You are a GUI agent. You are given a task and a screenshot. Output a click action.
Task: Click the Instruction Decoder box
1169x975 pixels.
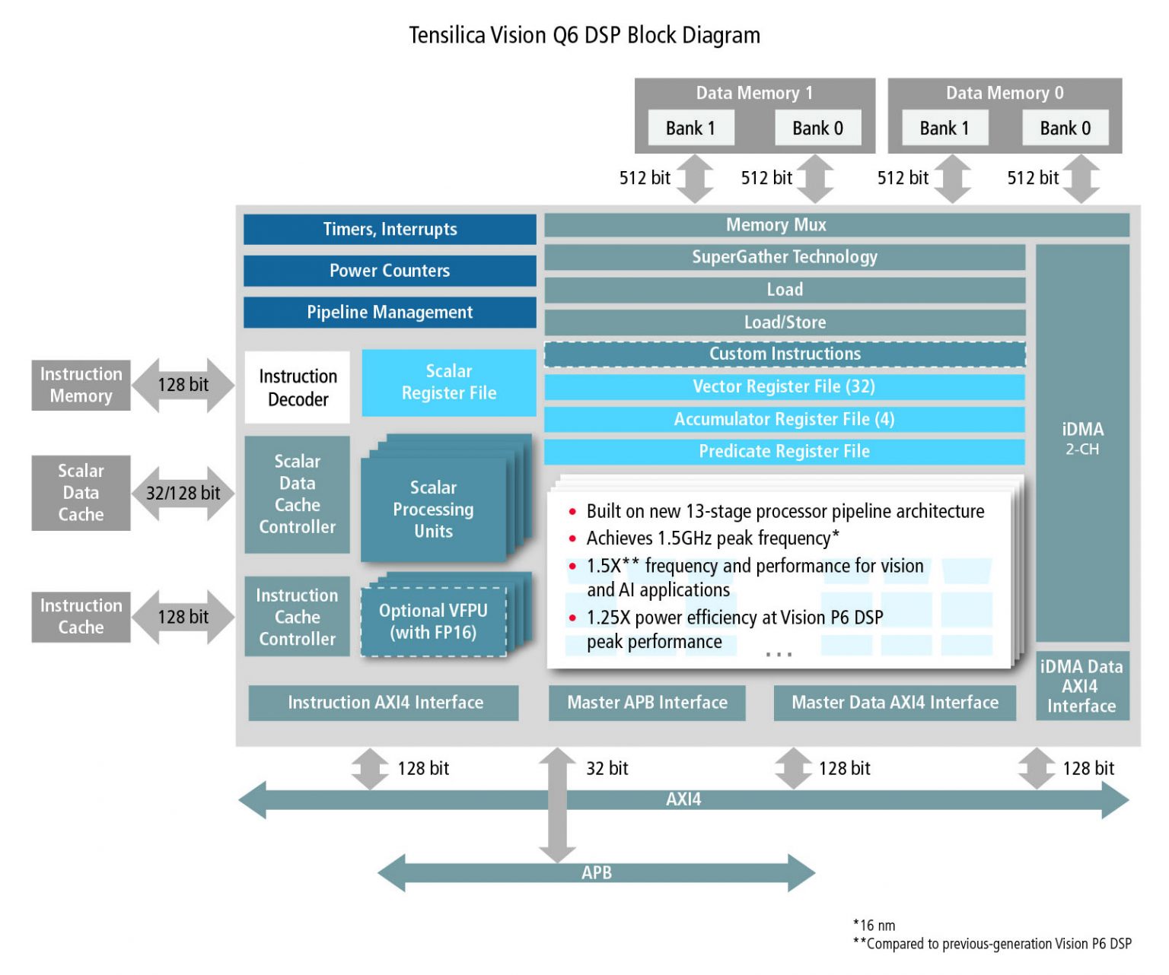coord(297,387)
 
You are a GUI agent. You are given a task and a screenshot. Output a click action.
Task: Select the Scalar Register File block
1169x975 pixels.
coord(448,383)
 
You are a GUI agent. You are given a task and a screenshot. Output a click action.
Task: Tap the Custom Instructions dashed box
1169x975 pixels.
coord(785,354)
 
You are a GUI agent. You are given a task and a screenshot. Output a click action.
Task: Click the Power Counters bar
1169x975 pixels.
coord(389,271)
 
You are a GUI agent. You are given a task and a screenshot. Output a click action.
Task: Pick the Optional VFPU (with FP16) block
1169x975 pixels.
coord(433,621)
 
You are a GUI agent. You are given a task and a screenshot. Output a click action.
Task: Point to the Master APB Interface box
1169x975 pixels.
coord(647,702)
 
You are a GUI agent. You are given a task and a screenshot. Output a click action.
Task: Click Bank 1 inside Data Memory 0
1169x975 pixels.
coord(944,128)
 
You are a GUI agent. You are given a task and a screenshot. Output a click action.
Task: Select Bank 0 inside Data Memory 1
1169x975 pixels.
coord(817,128)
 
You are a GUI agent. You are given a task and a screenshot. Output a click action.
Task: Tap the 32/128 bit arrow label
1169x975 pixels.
coord(183,493)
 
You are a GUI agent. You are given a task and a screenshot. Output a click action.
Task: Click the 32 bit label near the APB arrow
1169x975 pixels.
coord(607,768)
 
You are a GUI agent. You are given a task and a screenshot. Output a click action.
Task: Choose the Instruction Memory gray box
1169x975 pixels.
coord(81,385)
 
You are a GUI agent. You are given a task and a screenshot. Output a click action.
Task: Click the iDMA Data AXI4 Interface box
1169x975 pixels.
coord(1081,686)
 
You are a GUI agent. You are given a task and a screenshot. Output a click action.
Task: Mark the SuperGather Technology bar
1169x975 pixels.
coord(784,257)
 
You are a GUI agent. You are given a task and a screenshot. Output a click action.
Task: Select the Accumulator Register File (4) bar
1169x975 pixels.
coord(784,419)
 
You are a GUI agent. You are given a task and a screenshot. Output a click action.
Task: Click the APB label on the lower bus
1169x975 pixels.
coord(596,872)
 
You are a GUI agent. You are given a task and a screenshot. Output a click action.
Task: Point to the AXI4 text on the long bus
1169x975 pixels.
coord(683,799)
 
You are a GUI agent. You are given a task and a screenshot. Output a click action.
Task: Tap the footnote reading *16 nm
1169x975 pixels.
coord(874,926)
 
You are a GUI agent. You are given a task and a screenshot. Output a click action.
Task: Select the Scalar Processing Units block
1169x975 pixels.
coord(433,509)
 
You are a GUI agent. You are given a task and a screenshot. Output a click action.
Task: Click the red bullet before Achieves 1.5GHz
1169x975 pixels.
coord(572,538)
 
